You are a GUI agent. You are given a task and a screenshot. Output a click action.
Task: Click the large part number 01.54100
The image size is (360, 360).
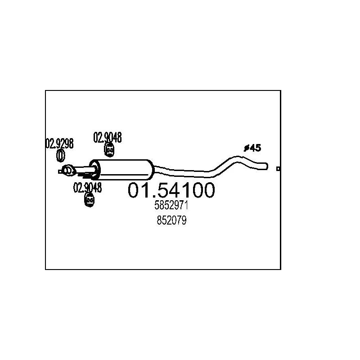(171, 190)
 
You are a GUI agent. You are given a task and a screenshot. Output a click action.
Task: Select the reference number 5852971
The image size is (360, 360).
(171, 205)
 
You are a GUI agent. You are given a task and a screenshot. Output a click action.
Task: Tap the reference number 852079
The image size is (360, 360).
(171, 220)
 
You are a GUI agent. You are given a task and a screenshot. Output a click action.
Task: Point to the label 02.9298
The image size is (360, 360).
(59, 144)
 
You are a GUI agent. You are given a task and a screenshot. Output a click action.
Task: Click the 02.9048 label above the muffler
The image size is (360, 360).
(108, 138)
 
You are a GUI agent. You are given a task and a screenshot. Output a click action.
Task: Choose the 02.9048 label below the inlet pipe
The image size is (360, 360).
(87, 188)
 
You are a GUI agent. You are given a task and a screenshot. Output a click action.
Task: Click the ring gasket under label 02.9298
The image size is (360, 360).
(61, 155)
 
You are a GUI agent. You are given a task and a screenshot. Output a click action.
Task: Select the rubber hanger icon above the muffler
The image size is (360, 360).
(109, 150)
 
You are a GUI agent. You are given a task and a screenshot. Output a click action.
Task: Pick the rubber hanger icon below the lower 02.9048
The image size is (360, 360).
(90, 200)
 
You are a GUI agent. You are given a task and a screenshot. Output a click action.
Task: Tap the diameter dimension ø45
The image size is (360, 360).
(252, 148)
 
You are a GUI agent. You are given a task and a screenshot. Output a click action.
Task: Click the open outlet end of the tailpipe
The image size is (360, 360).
(266, 166)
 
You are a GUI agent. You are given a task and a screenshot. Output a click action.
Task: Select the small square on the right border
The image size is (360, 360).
(278, 169)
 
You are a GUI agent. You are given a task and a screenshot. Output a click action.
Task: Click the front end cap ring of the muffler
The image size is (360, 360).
(95, 170)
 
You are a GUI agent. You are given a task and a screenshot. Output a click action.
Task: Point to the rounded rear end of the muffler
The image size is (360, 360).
(151, 170)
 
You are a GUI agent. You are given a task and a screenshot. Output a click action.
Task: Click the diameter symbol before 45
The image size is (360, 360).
(247, 148)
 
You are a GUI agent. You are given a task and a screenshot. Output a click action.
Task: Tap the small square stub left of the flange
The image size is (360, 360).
(60, 171)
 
